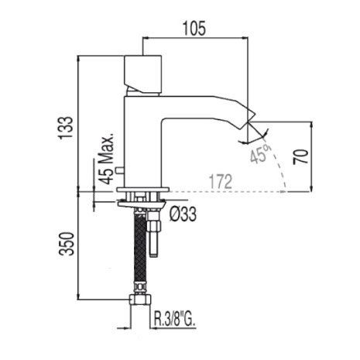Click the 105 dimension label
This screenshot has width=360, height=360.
coord(194,28)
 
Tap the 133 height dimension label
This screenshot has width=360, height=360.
coord(66,128)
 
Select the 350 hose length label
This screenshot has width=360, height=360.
coord(67,244)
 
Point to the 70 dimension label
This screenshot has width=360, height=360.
coord(300,156)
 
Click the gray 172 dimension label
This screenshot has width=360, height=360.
coord(221,181)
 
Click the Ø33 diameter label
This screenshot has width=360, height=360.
coord(183,214)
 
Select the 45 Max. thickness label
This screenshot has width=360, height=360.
coord(107,159)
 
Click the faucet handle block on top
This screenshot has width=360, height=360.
coord(143,74)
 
